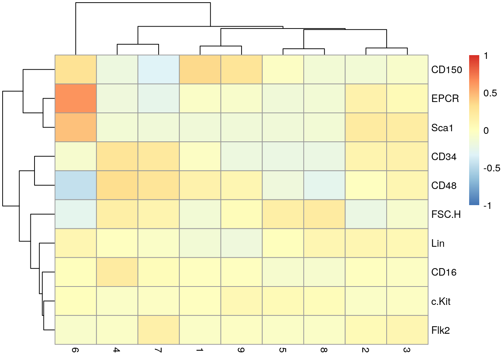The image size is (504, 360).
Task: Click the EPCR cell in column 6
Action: [x=76, y=99]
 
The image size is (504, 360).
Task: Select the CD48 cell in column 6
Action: [x=76, y=185]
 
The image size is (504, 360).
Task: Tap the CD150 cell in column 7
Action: [x=159, y=70]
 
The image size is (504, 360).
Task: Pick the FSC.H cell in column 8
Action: [x=324, y=214]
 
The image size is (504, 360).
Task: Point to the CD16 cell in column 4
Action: [x=117, y=272]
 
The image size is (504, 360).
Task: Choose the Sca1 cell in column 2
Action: [x=366, y=127]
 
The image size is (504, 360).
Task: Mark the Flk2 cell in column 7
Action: [x=159, y=330]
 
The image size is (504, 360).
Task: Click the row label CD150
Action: [x=447, y=70]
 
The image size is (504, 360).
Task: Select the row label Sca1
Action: [x=442, y=128]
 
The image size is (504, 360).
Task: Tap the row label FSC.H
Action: [x=446, y=214]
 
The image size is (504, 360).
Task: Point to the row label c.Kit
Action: [x=441, y=301]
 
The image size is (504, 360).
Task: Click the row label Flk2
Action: [x=440, y=330]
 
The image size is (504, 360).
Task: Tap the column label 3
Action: [x=406, y=350]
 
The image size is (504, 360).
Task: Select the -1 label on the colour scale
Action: [x=487, y=205]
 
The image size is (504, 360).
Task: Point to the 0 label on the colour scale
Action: [x=486, y=130]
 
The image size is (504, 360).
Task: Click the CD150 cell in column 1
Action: [x=200, y=70]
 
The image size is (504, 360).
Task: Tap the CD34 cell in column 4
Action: [x=117, y=156]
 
